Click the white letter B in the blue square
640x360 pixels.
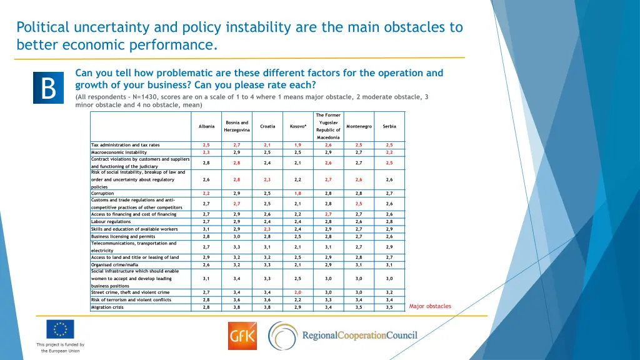click(49, 88)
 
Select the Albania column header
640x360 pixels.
click(206, 126)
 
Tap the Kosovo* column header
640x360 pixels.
click(298, 126)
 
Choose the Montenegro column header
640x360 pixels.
click(359, 126)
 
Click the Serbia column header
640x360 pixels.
click(389, 126)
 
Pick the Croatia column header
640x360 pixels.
click(267, 126)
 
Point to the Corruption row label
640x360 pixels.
click(103, 194)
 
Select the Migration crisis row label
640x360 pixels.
click(107, 307)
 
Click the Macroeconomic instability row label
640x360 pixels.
click(119, 152)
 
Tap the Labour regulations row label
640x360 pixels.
click(111, 221)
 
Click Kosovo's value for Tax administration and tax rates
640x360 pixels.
click(298, 145)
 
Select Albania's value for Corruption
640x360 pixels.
click(206, 194)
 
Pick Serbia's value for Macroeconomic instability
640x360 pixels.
click(389, 152)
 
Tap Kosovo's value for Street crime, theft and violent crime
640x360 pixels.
click(298, 292)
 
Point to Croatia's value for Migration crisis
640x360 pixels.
click(267, 307)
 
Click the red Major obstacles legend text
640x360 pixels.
click(430, 306)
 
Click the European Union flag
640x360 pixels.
click(60, 329)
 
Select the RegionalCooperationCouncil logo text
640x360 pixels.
click(359, 336)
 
